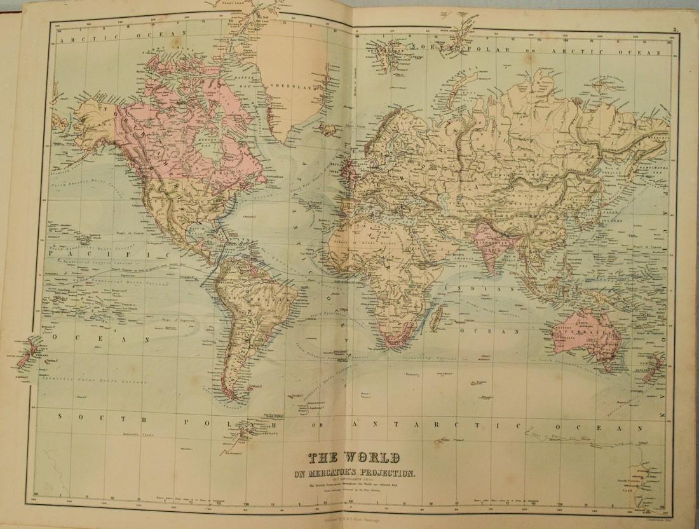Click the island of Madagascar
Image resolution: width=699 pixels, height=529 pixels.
pos(437,313)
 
